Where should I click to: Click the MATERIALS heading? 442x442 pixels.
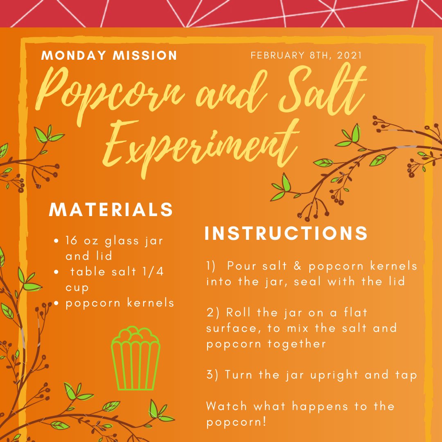(x=111, y=210)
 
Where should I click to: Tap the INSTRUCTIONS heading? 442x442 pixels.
(x=286, y=233)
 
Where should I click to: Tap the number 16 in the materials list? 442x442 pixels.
(x=72, y=241)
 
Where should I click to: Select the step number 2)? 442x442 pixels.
(x=213, y=313)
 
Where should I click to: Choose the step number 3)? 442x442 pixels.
(x=213, y=375)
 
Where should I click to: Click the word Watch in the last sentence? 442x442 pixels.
(x=227, y=406)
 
